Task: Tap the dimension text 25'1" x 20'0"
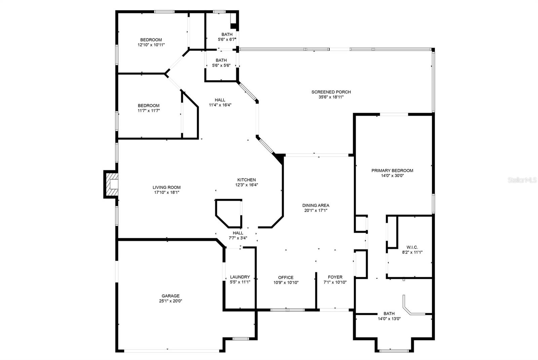tap(170, 301)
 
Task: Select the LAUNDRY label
tap(240, 277)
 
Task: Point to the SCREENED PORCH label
tap(331, 92)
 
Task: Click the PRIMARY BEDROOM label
tap(392, 170)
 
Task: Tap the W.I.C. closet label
tap(412, 247)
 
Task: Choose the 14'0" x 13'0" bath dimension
tap(389, 319)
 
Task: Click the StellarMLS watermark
tap(522, 180)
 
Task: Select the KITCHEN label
tap(246, 180)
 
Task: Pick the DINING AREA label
tap(315, 205)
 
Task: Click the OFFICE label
tap(285, 277)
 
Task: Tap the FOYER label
tap(335, 277)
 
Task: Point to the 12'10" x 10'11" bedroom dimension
tap(151, 45)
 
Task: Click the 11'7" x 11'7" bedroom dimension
tap(148, 110)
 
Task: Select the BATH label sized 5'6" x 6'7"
tap(227, 34)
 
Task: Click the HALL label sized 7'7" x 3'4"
tap(238, 233)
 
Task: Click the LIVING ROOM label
tap(166, 187)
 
